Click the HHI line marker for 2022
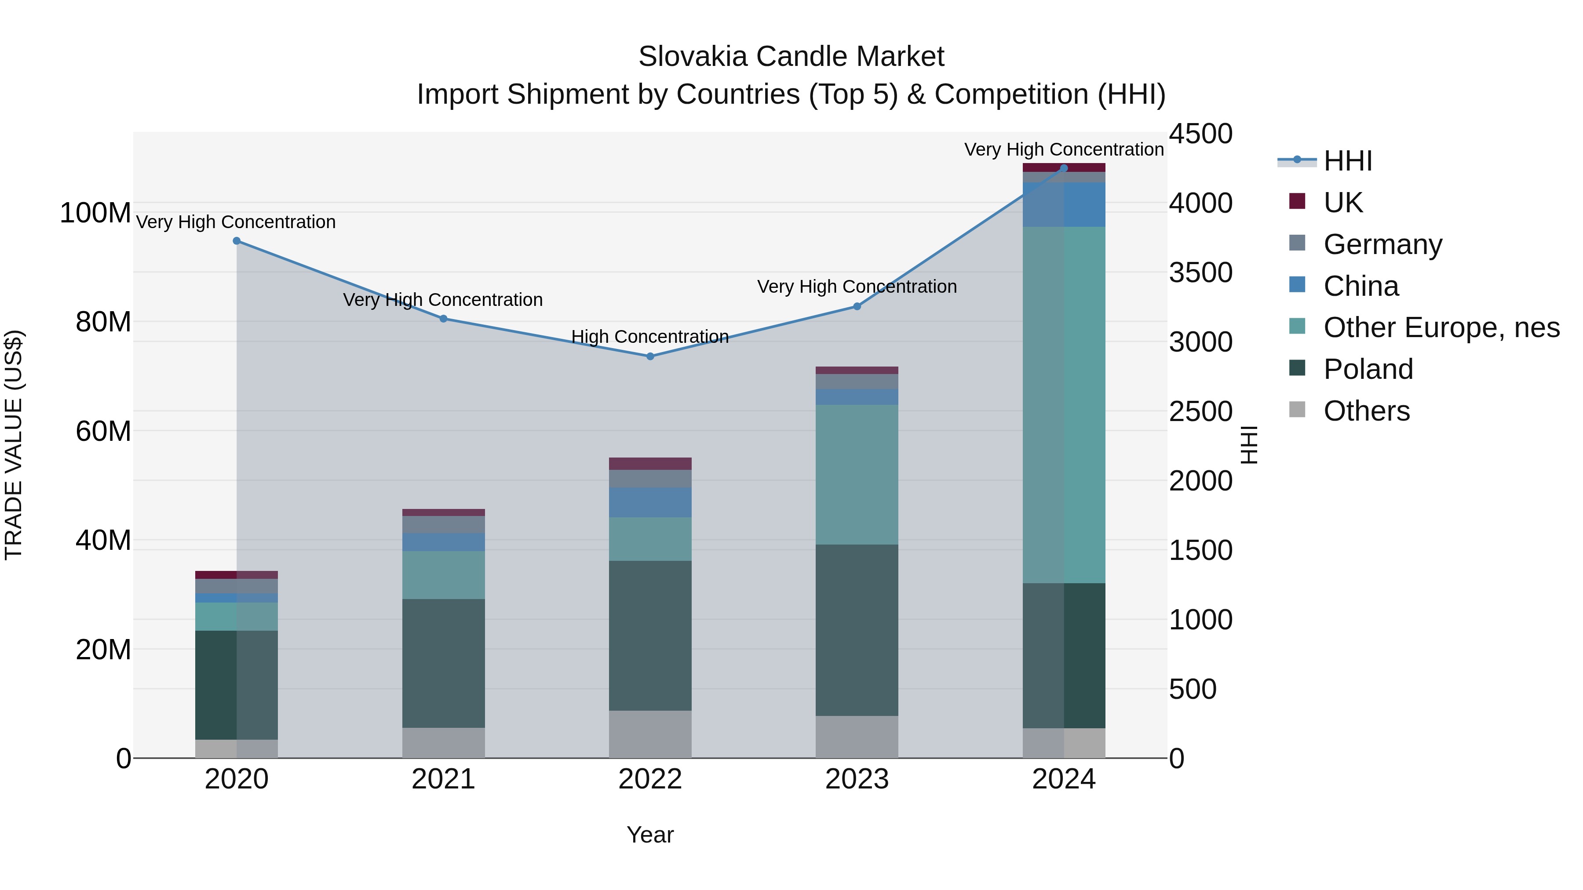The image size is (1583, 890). point(650,356)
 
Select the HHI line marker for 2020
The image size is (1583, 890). point(237,241)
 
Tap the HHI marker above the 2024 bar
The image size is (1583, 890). point(1064,168)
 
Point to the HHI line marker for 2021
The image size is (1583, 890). point(443,318)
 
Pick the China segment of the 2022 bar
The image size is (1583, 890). point(650,502)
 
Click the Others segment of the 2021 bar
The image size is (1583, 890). point(443,743)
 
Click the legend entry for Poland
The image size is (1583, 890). point(1368,369)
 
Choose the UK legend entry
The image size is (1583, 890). point(1343,203)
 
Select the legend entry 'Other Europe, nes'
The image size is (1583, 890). point(1441,327)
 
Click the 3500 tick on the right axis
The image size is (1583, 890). point(1200,272)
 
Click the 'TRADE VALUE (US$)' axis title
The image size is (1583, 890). point(14,445)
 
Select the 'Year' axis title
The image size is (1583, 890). point(650,835)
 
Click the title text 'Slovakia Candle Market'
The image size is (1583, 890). point(791,57)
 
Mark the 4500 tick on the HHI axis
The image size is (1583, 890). point(1200,134)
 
